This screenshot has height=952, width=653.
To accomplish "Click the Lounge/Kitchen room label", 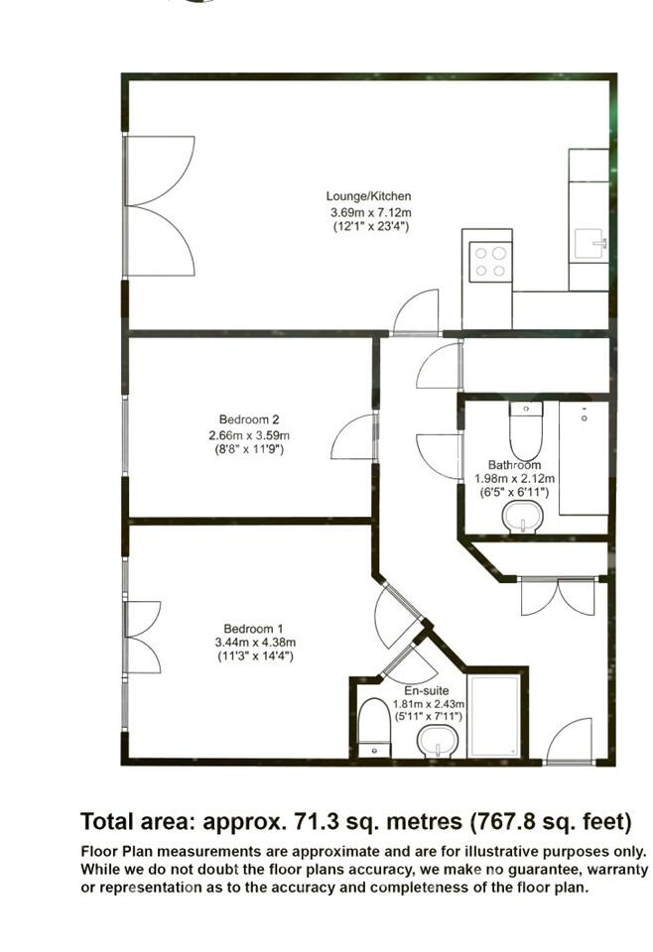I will (369, 196).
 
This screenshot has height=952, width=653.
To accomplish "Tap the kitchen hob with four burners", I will (489, 261).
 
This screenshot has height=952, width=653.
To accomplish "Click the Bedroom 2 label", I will (241, 419).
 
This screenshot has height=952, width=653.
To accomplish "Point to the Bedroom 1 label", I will (253, 629).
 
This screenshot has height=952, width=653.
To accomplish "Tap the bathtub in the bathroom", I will (584, 457).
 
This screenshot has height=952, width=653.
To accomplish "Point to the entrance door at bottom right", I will (570, 742).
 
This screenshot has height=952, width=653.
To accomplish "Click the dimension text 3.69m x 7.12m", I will (369, 212).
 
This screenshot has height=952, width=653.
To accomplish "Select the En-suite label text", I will (427, 690).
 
